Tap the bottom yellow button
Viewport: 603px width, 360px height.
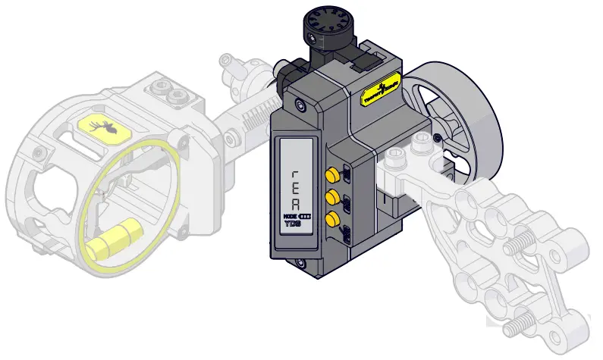(331, 220)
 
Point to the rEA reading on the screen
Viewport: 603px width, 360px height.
(296, 189)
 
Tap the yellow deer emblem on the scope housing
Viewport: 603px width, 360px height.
(100, 129)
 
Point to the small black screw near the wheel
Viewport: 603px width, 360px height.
(437, 137)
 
